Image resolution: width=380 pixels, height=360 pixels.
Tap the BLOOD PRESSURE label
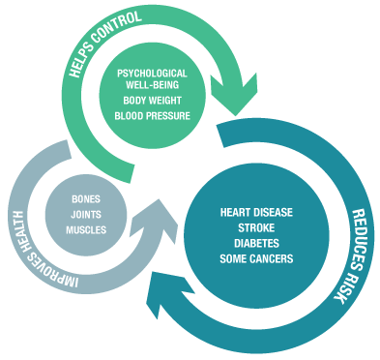[x=152, y=116]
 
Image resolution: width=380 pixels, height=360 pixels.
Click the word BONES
[x=86, y=198]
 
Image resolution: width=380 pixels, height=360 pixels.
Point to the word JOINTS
[x=86, y=214]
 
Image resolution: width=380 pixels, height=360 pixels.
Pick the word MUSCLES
[x=86, y=230]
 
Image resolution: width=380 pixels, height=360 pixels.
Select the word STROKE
[x=256, y=227]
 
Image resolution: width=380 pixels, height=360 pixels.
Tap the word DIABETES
[x=256, y=243]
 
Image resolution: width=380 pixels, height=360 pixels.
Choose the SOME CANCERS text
[x=256, y=258]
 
